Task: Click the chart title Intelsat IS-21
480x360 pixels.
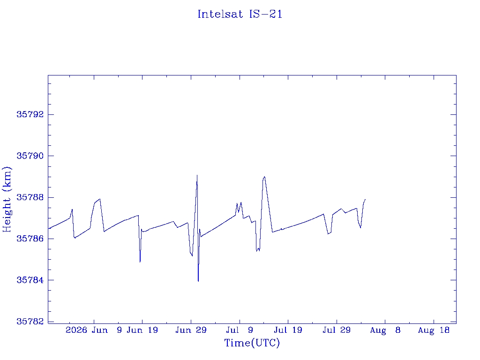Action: [240, 14]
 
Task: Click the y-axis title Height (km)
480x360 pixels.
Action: [7, 199]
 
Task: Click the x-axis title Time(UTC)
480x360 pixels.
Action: [252, 343]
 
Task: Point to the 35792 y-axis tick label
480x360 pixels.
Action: [30, 114]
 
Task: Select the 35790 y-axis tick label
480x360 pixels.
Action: [30, 156]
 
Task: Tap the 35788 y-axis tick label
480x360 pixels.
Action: [30, 197]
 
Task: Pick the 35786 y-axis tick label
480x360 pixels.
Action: [30, 239]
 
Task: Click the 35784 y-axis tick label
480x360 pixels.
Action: [30, 280]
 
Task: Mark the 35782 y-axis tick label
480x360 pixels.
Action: [30, 322]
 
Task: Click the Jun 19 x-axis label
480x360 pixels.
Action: [142, 330]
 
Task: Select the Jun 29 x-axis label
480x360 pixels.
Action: [191, 330]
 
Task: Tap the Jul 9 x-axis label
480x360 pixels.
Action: [240, 330]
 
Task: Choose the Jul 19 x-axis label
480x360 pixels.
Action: [288, 330]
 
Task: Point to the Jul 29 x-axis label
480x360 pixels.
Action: [337, 330]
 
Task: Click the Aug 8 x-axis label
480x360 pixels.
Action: [385, 330]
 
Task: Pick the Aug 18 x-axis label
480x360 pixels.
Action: [434, 330]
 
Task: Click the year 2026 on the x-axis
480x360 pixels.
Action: [76, 330]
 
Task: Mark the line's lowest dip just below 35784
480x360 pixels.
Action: [198, 281]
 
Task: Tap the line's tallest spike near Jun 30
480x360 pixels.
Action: [197, 175]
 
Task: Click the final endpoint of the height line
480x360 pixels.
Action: [365, 199]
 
